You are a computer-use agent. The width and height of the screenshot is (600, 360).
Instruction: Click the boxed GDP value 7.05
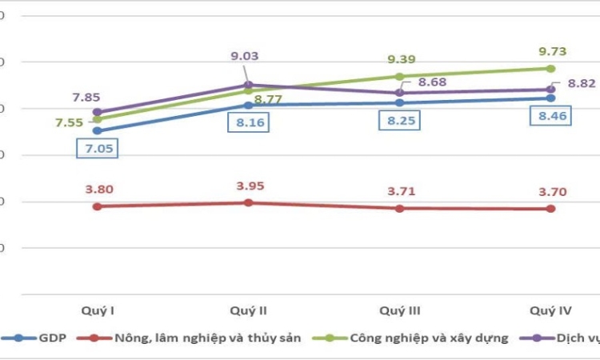tap(97, 148)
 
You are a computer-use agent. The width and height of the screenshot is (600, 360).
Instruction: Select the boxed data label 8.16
tap(247, 123)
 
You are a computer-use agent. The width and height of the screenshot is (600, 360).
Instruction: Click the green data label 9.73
tap(550, 51)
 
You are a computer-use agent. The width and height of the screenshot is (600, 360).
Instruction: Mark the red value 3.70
tap(550, 192)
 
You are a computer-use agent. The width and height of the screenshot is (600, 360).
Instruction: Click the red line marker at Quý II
tap(248, 202)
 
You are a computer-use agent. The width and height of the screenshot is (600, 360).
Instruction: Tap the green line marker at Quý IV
tap(550, 68)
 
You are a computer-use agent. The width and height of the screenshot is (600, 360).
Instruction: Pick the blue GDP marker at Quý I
tap(97, 130)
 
